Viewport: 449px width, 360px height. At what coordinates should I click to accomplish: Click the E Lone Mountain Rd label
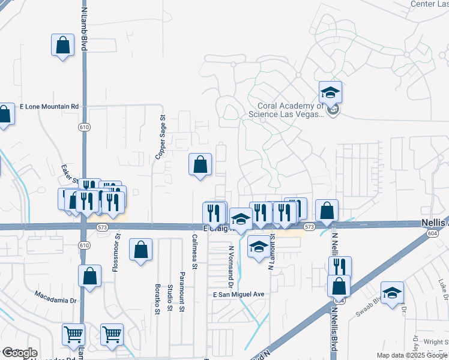point(49,106)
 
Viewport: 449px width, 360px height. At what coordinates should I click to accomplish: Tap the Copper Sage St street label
point(161,137)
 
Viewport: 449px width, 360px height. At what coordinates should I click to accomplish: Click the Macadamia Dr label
point(57,296)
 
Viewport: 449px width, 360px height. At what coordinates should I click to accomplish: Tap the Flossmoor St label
point(116,253)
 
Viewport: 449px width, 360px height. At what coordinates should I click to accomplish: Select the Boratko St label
point(158,299)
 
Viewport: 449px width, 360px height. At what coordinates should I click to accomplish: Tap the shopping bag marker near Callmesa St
point(200,164)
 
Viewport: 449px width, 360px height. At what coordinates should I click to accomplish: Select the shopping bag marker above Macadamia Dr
point(89,276)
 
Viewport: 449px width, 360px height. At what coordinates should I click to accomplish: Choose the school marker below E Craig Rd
point(259,246)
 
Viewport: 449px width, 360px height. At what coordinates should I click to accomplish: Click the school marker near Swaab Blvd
point(393,292)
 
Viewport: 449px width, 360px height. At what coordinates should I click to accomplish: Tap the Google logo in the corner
point(19,353)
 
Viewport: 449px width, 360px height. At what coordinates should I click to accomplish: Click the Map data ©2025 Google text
point(412,355)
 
